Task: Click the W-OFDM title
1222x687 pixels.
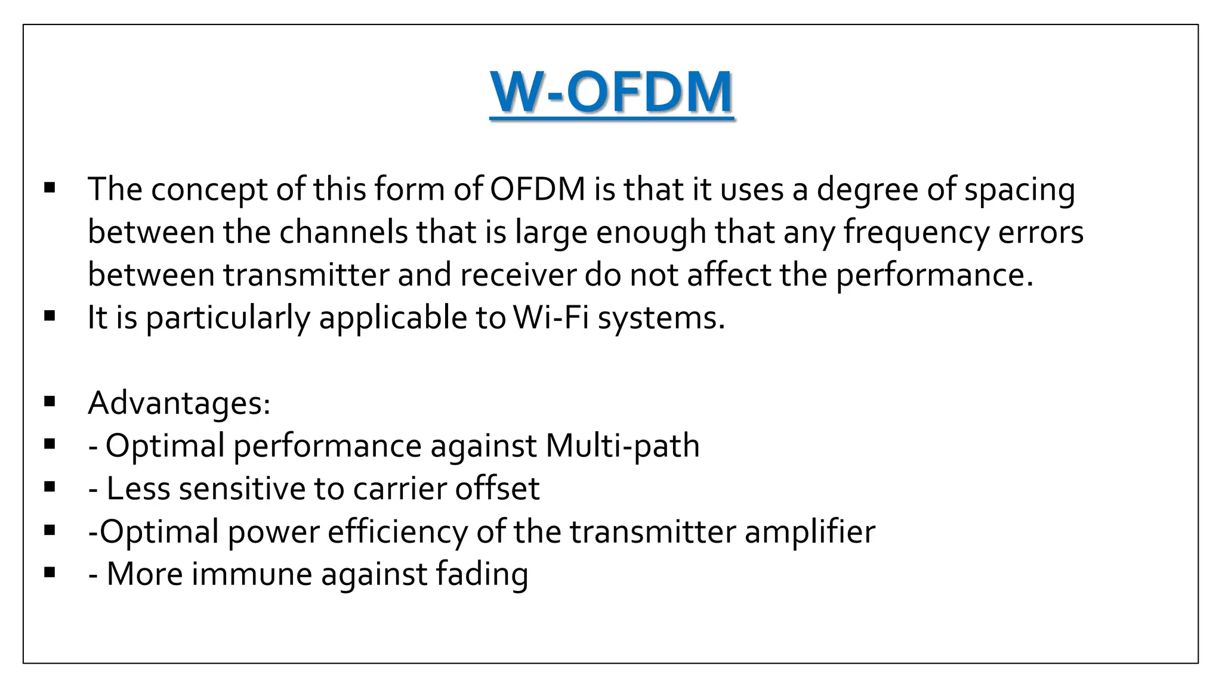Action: tap(612, 92)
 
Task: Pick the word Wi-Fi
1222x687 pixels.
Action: tap(551, 317)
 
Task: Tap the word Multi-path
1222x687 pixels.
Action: tap(622, 446)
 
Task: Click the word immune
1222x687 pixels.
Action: tap(251, 574)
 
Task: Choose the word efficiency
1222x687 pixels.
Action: tap(397, 532)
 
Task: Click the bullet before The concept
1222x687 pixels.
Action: tap(50, 189)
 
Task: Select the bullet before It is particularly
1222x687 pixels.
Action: tap(50, 316)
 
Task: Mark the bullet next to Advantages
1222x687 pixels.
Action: tap(50, 401)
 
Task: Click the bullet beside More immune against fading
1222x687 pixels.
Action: tap(50, 573)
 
